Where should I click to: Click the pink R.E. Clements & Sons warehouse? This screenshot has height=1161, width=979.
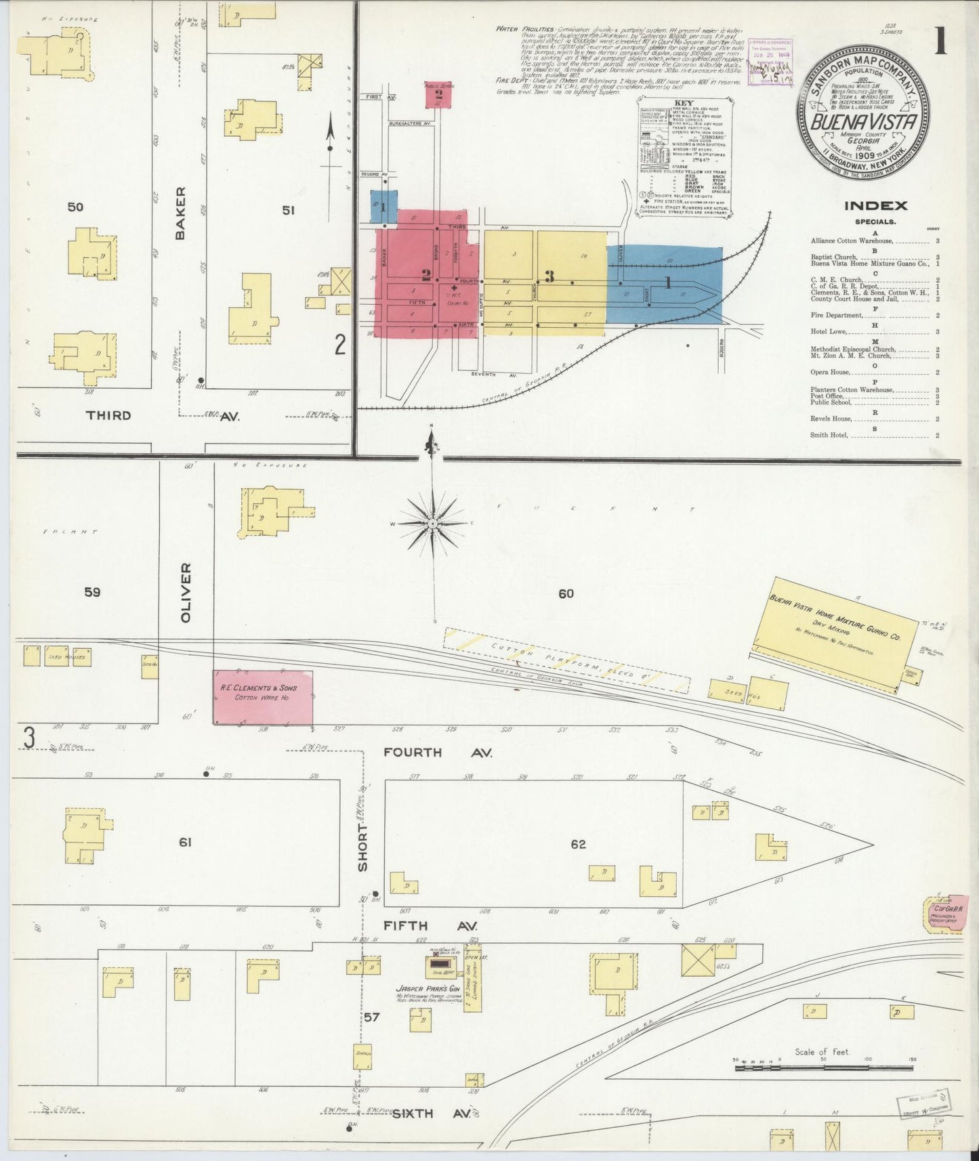click(x=263, y=697)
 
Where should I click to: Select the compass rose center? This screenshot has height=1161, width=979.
click(x=432, y=524)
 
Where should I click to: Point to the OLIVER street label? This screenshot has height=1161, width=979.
click(x=186, y=592)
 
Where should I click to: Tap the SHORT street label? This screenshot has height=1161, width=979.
click(x=363, y=847)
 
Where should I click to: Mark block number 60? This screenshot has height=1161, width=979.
click(x=566, y=594)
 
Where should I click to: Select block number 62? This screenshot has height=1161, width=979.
click(x=578, y=845)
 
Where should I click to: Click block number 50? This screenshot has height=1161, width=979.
click(x=75, y=207)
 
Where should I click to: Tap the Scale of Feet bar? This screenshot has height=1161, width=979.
click(x=824, y=1068)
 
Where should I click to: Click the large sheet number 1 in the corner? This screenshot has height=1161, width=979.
click(x=940, y=42)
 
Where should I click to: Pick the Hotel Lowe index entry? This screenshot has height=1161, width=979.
click(x=831, y=332)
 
